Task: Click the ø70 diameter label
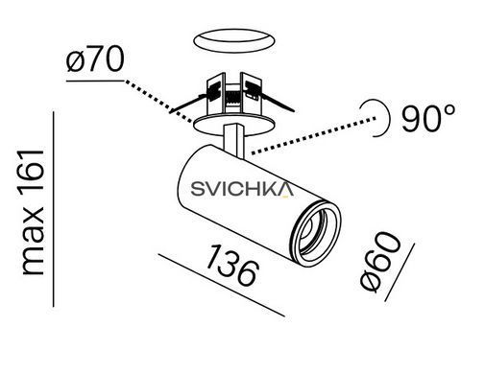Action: pos(95,59)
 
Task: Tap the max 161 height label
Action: pos(33,212)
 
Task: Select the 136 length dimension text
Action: pos(231,265)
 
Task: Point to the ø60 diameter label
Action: pos(380,262)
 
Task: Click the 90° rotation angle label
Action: pos(428,118)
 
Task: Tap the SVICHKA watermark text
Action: pos(242,189)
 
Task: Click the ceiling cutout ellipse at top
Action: pos(234,40)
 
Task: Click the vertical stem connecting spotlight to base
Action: pos(234,140)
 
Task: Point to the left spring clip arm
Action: pos(188,103)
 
